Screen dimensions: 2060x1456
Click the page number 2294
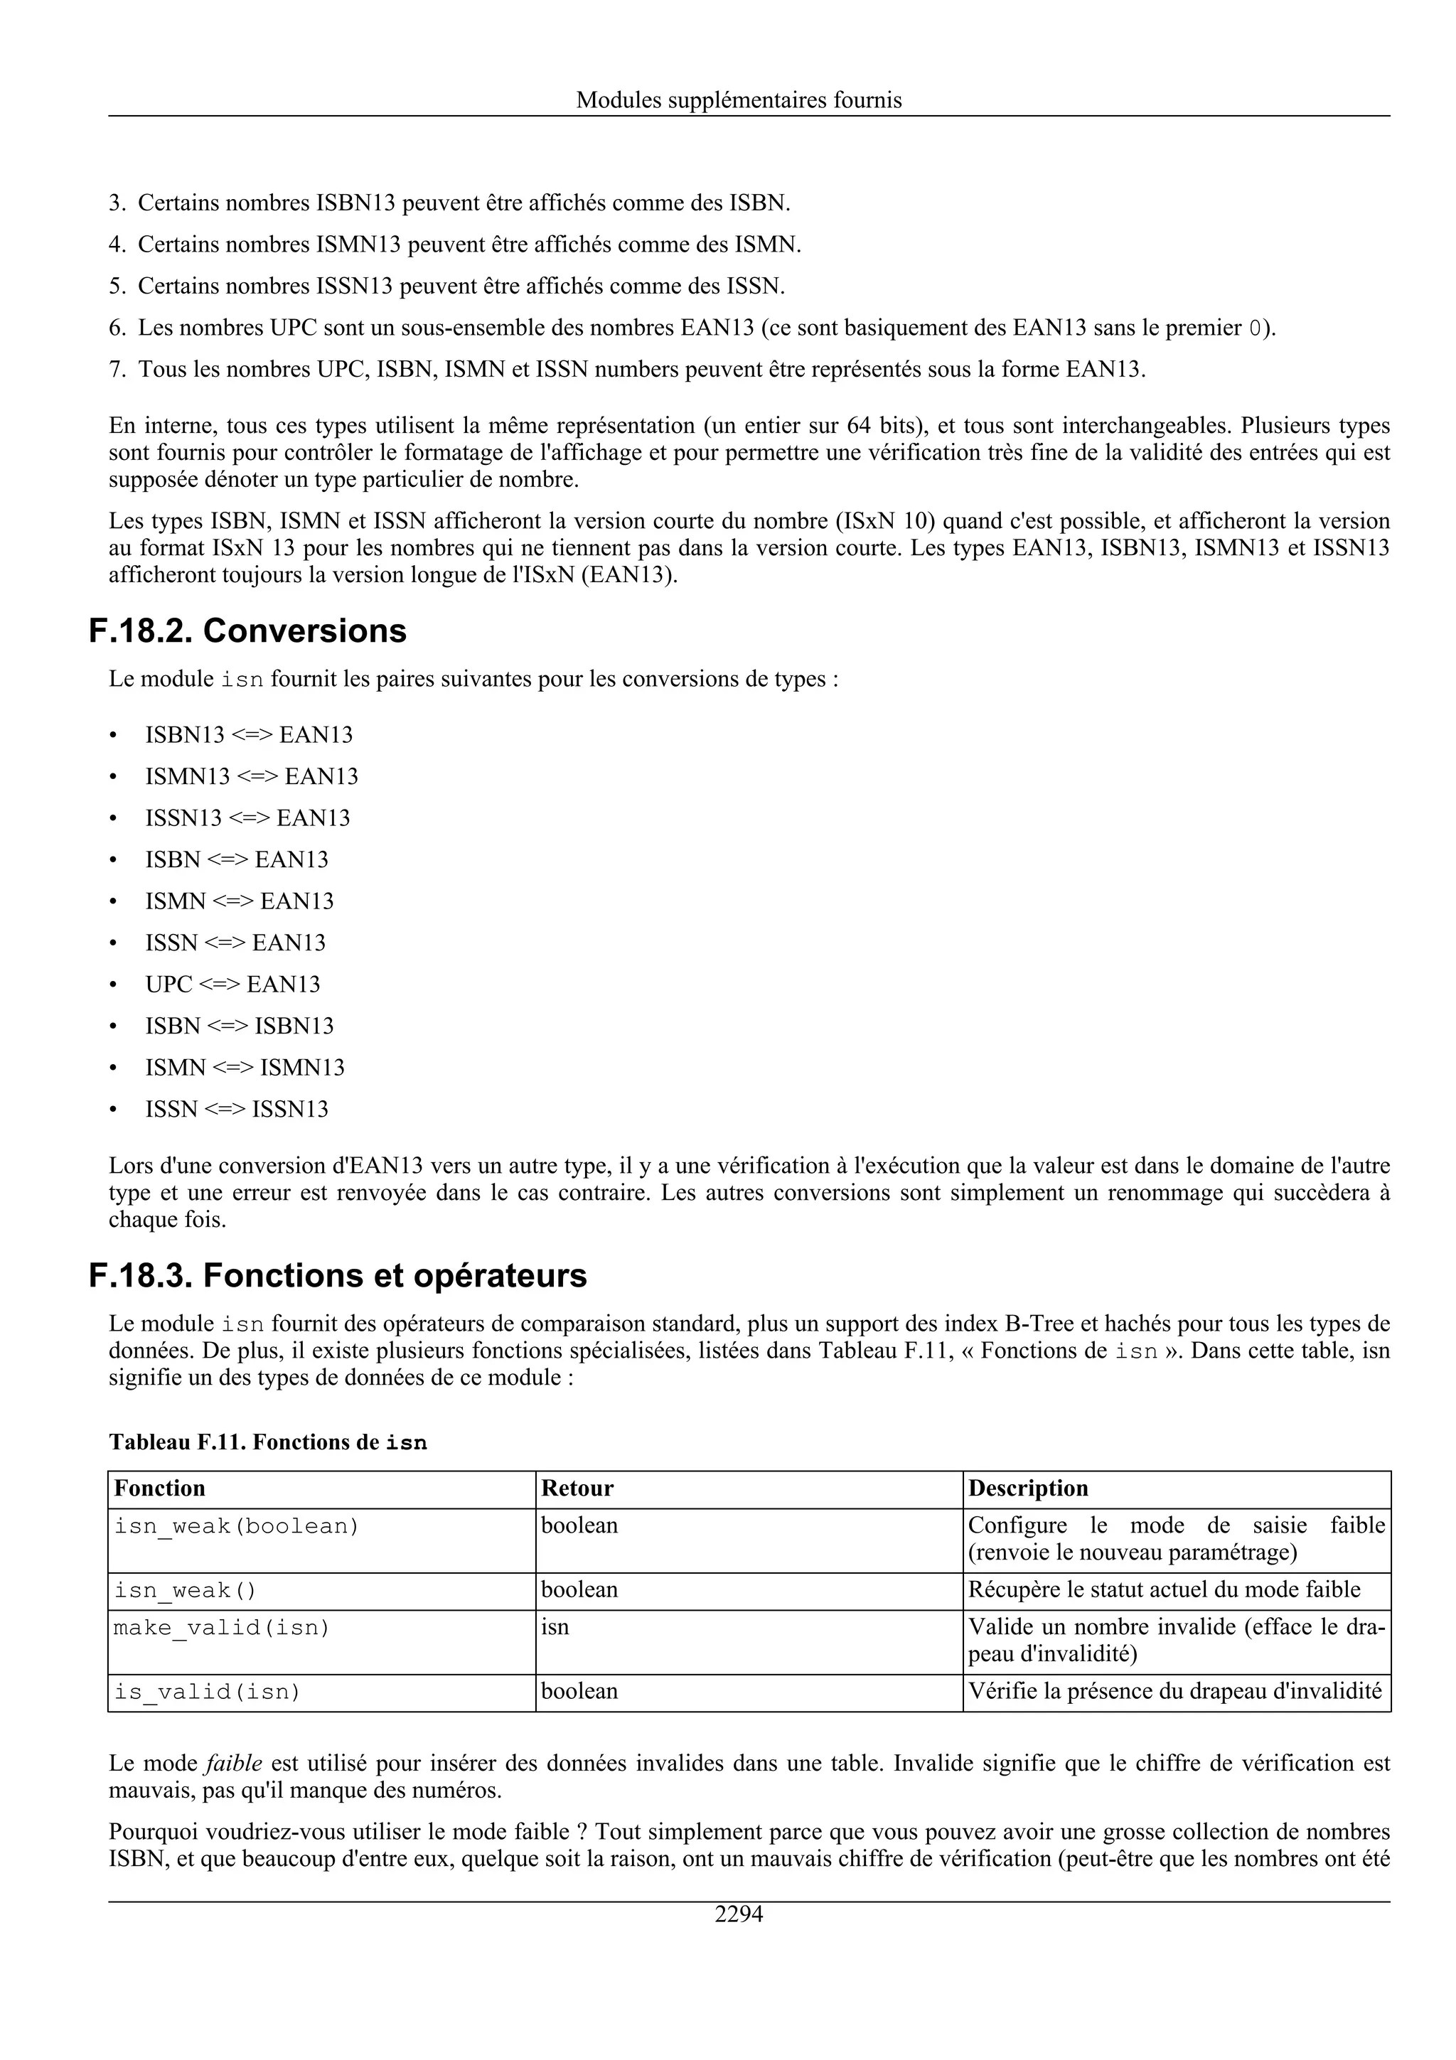739,1915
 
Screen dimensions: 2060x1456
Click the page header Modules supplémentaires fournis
739,100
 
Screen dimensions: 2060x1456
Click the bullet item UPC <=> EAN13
232,985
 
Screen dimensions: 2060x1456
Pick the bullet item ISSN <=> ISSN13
237,1109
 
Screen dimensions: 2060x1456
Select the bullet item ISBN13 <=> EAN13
249,735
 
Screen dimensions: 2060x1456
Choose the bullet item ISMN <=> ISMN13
245,1068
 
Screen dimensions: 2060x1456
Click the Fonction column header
160,1488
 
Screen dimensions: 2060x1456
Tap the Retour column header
577,1488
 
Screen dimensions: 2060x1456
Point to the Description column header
1028,1488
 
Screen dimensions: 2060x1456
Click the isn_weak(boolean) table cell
236,1526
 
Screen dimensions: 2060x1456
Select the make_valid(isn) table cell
222,1628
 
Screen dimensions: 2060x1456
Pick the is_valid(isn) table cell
207,1692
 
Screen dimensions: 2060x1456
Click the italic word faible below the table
233,1763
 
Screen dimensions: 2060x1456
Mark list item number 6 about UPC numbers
691,328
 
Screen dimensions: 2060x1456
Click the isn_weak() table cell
185,1591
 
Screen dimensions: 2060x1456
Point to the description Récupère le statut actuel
1164,1590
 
